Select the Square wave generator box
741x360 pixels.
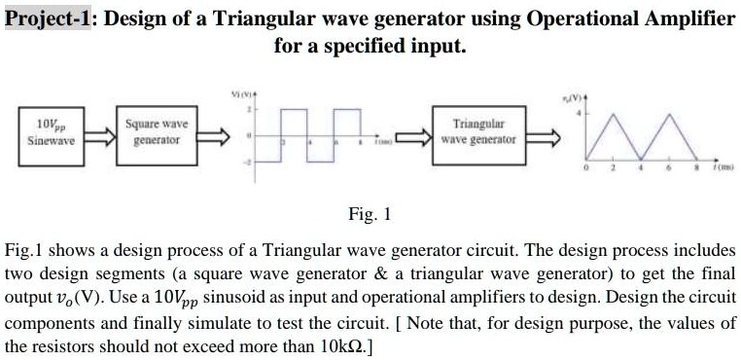157,132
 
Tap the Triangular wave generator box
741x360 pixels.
479,132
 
